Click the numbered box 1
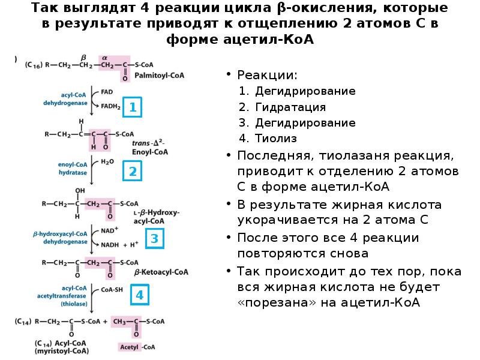(133, 107)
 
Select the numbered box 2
(133, 172)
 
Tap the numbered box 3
(154, 239)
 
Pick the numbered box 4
(139, 295)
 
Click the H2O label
(107, 161)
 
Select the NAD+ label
(109, 229)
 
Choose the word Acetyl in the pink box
(129, 347)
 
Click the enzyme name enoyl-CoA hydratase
(73, 168)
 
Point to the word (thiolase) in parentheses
(74, 304)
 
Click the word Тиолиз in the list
(276, 139)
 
